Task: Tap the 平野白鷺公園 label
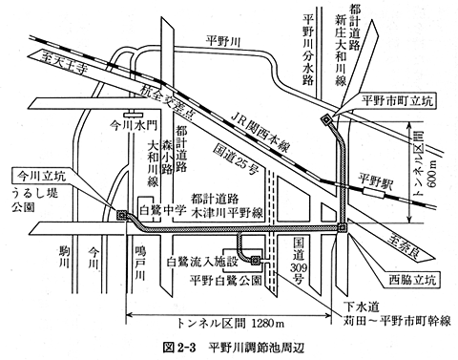click(x=221, y=280)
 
